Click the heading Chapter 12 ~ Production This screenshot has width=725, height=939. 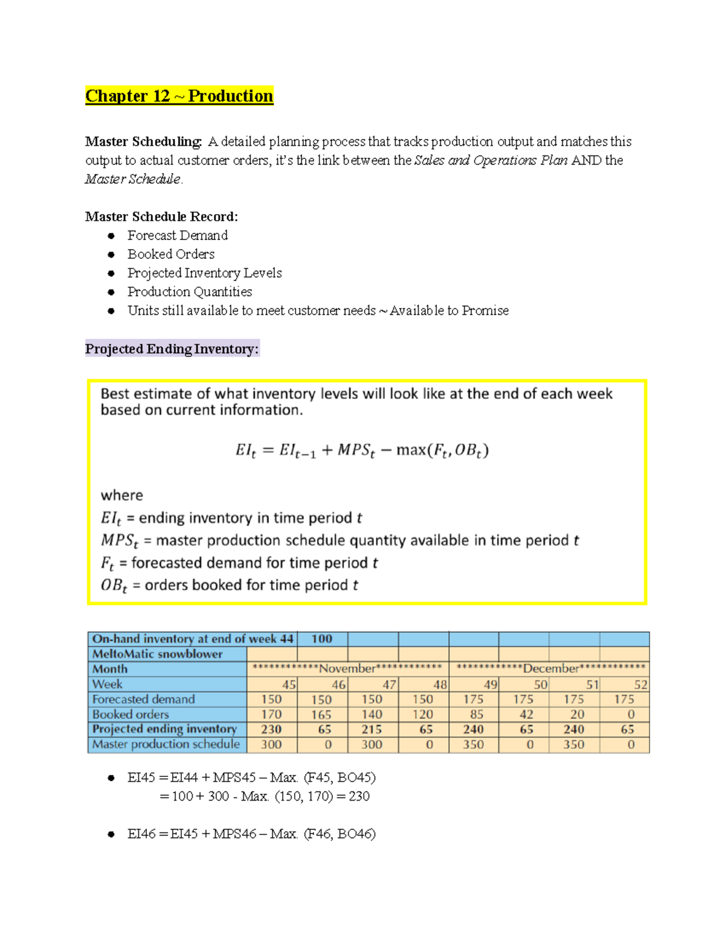point(179,96)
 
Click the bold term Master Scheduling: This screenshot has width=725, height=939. point(143,141)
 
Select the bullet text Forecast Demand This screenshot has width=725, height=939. point(177,235)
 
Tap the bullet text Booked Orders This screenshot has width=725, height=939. point(170,254)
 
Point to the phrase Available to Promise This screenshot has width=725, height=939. point(449,310)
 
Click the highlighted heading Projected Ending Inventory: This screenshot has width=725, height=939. point(172,349)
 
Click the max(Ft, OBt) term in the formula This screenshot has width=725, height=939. point(442,450)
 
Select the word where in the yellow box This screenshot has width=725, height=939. point(121,495)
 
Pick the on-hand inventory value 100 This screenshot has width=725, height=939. point(321,639)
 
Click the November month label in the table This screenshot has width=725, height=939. point(347,669)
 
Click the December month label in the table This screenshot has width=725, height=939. point(550,669)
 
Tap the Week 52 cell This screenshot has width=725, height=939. point(640,684)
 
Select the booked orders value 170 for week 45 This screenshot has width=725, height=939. point(271,714)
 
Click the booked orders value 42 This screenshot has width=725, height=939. point(526,714)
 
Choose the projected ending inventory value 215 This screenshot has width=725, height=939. point(372,729)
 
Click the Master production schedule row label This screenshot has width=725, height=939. point(166,744)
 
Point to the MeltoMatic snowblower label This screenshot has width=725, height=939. point(157,654)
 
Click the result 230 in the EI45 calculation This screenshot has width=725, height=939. point(359,796)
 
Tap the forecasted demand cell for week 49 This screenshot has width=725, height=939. point(473,700)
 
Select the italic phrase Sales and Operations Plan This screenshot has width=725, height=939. point(491,160)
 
